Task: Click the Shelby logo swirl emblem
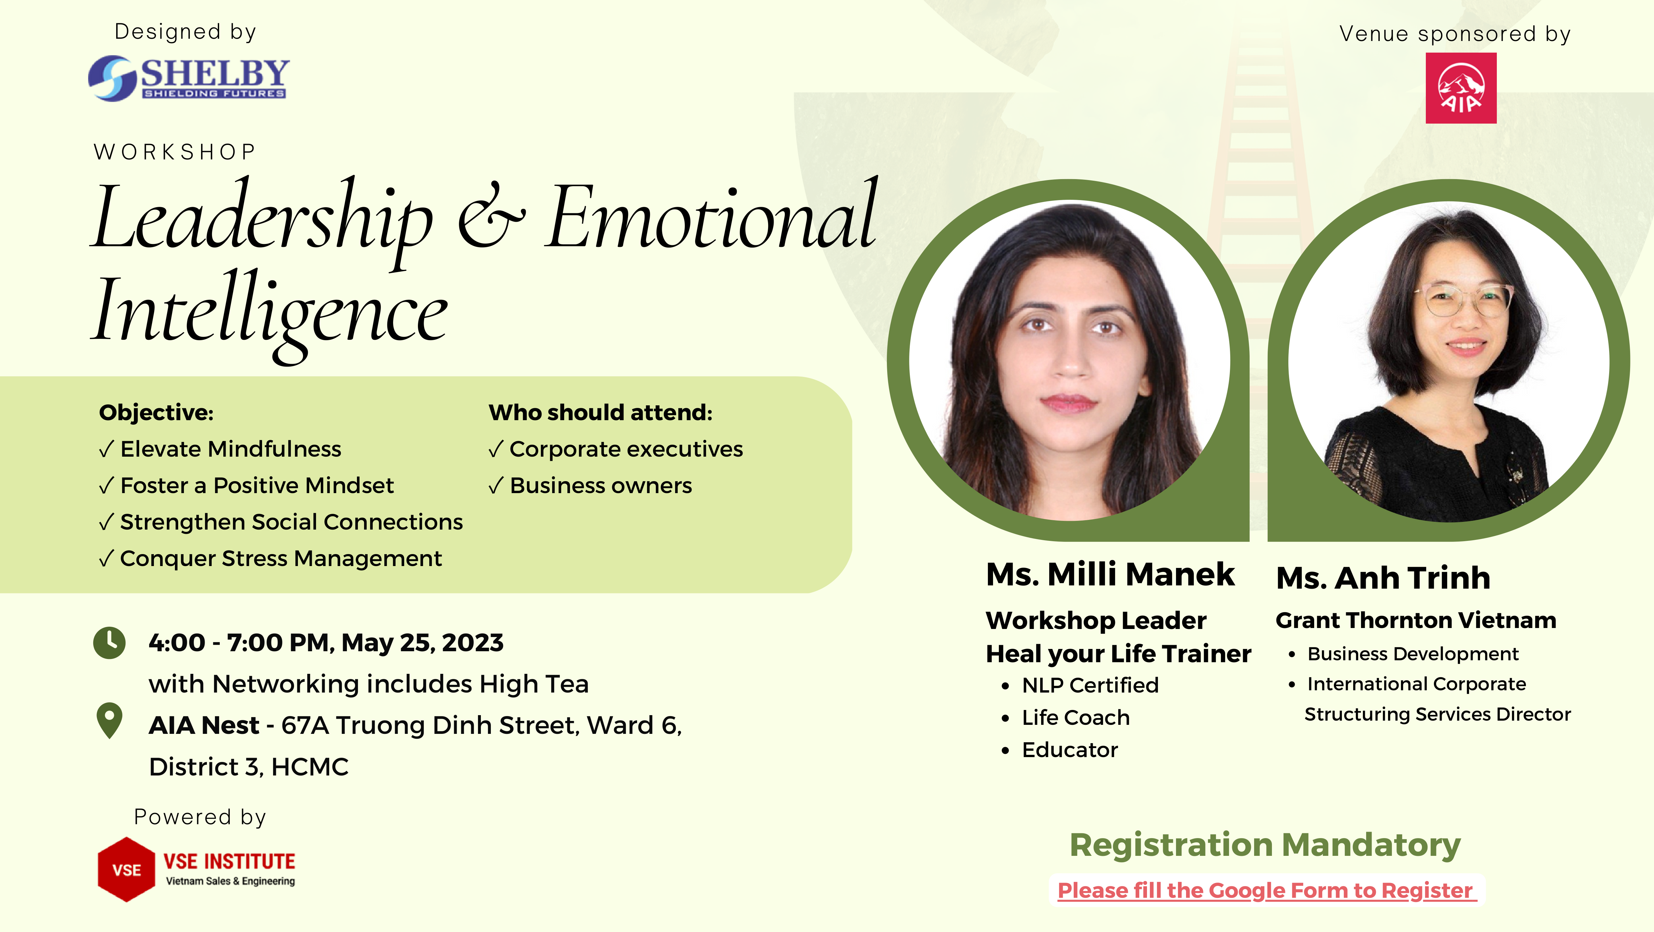pos(112,78)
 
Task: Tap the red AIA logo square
pos(1461,88)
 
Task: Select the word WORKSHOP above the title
pos(175,152)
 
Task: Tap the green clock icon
pos(110,643)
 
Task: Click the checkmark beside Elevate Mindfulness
pos(107,449)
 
